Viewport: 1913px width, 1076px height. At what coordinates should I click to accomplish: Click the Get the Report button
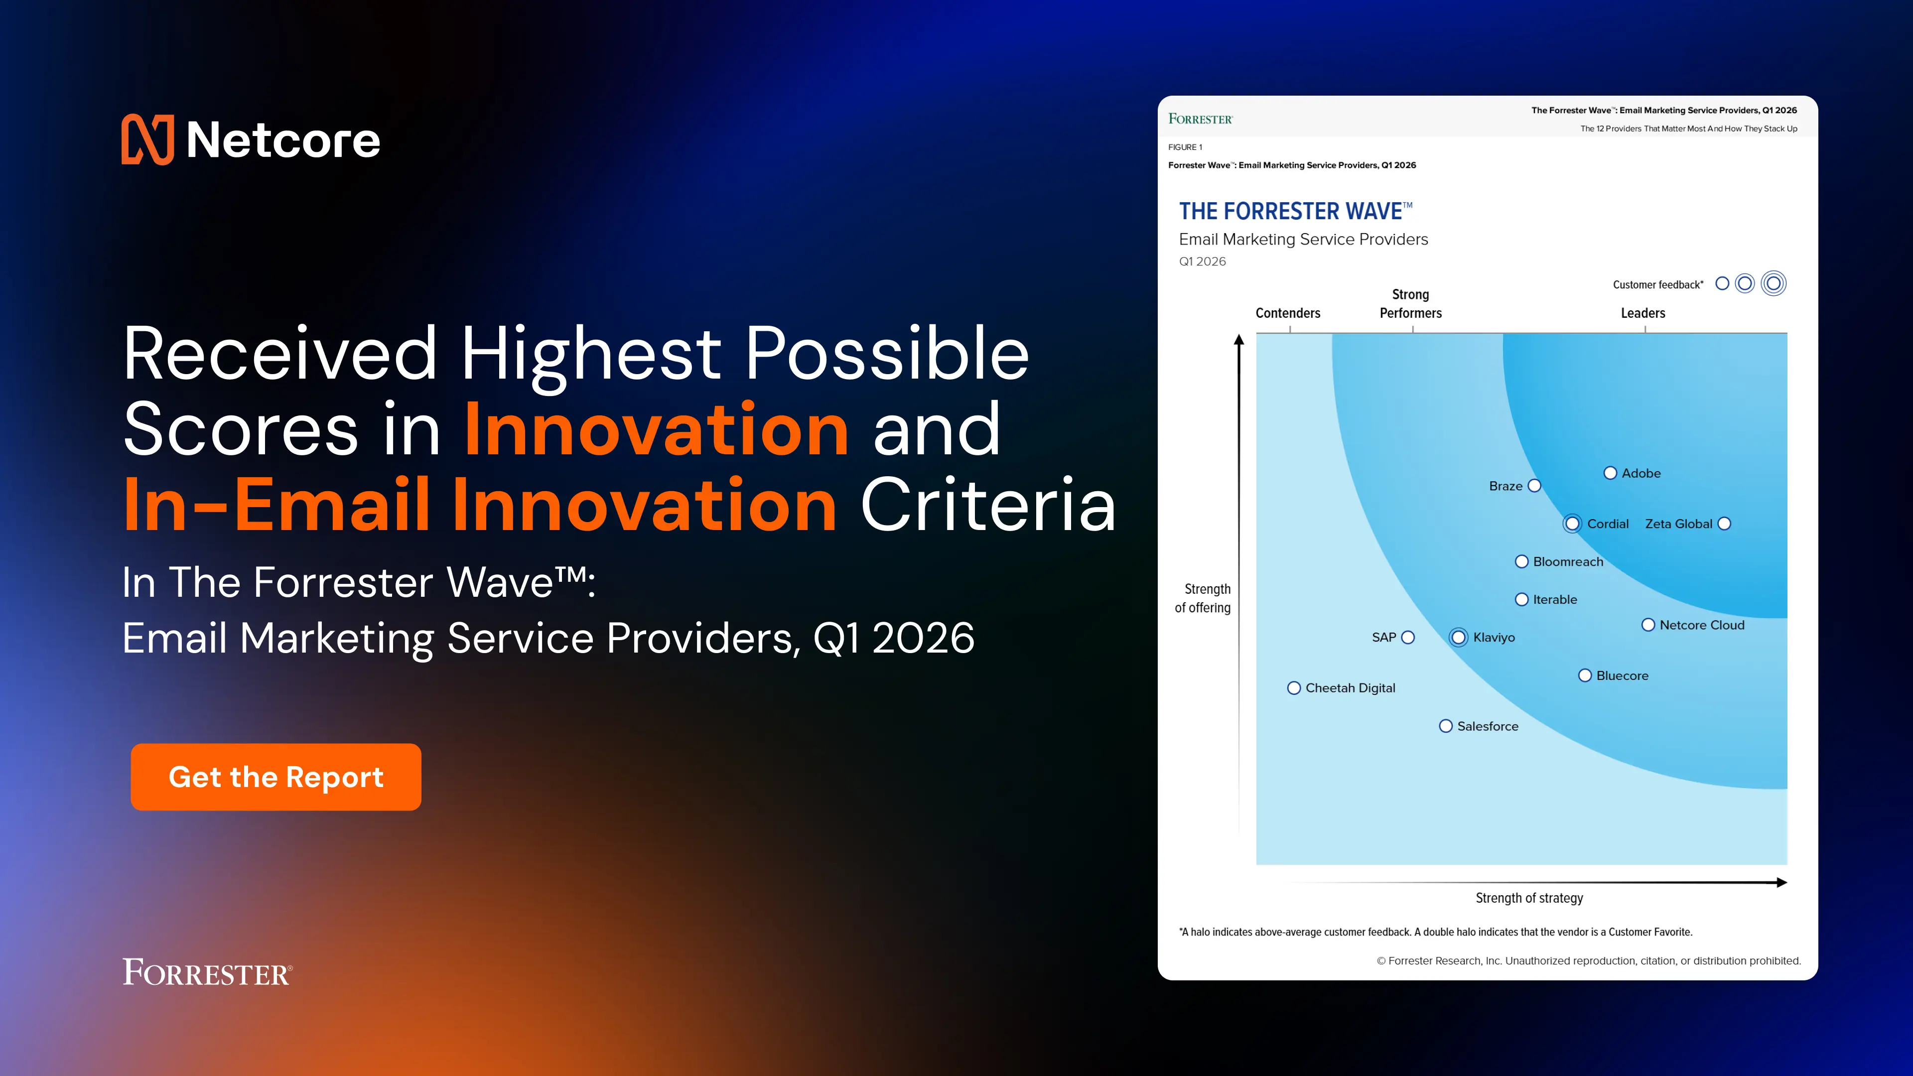(275, 777)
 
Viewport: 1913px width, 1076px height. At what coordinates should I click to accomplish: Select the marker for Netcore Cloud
(1648, 625)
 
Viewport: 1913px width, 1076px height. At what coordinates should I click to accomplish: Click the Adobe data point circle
(1610, 473)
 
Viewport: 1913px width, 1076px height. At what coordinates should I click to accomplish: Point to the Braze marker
(1534, 486)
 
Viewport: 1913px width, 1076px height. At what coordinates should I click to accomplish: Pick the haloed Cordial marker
(1572, 524)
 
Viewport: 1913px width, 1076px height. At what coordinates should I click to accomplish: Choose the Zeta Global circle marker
(1724, 524)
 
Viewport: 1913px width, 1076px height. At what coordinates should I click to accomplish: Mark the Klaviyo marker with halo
(1459, 637)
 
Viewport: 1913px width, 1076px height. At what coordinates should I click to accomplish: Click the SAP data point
(1408, 637)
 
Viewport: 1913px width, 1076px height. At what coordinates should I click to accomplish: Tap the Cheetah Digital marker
(1294, 687)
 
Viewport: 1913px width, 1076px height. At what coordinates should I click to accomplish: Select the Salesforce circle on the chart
(1446, 725)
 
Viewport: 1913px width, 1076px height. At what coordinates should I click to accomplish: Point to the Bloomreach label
(1568, 561)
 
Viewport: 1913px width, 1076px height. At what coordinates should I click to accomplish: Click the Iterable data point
(1521, 599)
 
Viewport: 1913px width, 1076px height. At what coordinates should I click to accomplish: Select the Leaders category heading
(1642, 313)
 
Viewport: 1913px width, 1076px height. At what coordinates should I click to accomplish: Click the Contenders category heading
(1288, 313)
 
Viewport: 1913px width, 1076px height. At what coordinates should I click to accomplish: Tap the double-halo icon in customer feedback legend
(1774, 283)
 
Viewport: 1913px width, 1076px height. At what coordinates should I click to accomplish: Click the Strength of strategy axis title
(1529, 898)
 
